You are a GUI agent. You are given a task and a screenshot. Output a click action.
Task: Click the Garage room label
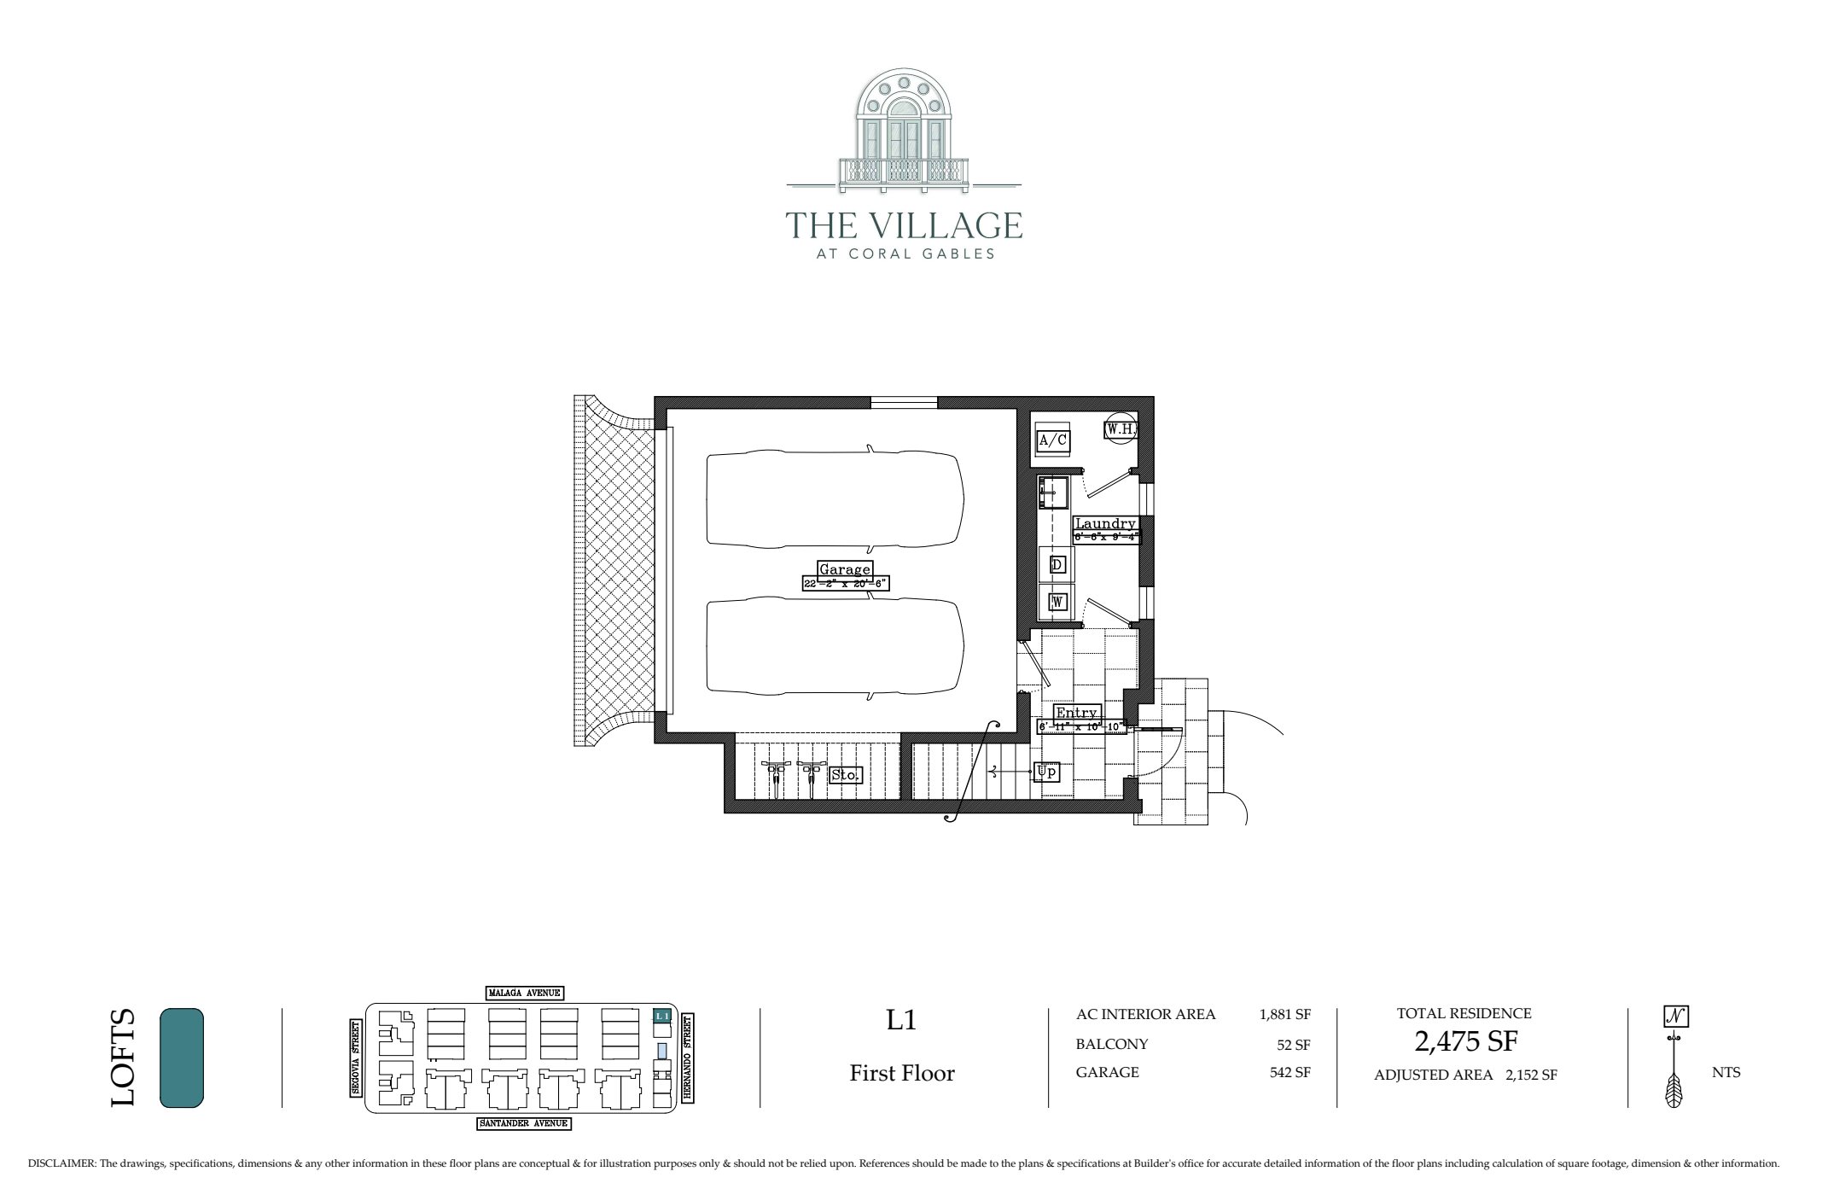click(x=844, y=569)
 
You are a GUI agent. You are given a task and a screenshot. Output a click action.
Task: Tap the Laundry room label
click(x=1105, y=523)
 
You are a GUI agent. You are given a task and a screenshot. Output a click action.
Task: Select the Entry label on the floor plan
click(x=1076, y=713)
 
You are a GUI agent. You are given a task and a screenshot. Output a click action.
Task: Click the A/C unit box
click(x=1052, y=440)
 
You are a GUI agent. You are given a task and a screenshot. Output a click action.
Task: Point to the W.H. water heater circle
click(x=1121, y=429)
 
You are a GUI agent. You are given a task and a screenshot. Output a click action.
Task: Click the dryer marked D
click(x=1057, y=564)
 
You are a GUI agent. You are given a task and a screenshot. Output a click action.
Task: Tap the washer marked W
click(x=1057, y=602)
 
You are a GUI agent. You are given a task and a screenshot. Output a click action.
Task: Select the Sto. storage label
click(x=846, y=775)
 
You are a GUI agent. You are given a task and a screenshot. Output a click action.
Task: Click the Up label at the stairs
click(x=1046, y=772)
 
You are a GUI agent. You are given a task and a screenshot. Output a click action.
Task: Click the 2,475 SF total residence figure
click(x=1466, y=1042)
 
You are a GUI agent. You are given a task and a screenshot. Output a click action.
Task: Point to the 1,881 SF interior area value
click(x=1284, y=1015)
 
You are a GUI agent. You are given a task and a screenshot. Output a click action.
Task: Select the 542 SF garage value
click(x=1289, y=1073)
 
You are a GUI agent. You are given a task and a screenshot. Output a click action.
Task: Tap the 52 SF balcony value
click(x=1293, y=1044)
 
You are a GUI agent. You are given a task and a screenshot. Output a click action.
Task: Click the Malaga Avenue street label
click(x=524, y=993)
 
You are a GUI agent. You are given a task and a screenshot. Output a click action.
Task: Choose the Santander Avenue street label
click(x=523, y=1123)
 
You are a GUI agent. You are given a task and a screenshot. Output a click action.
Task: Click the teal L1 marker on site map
click(x=661, y=1016)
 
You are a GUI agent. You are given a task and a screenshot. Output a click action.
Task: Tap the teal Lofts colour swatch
click(x=182, y=1058)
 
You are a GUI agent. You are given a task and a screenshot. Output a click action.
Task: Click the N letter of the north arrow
click(x=1676, y=1017)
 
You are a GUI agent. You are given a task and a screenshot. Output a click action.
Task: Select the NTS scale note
click(x=1726, y=1073)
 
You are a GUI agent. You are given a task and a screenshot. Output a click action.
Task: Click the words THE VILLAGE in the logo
click(x=904, y=225)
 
